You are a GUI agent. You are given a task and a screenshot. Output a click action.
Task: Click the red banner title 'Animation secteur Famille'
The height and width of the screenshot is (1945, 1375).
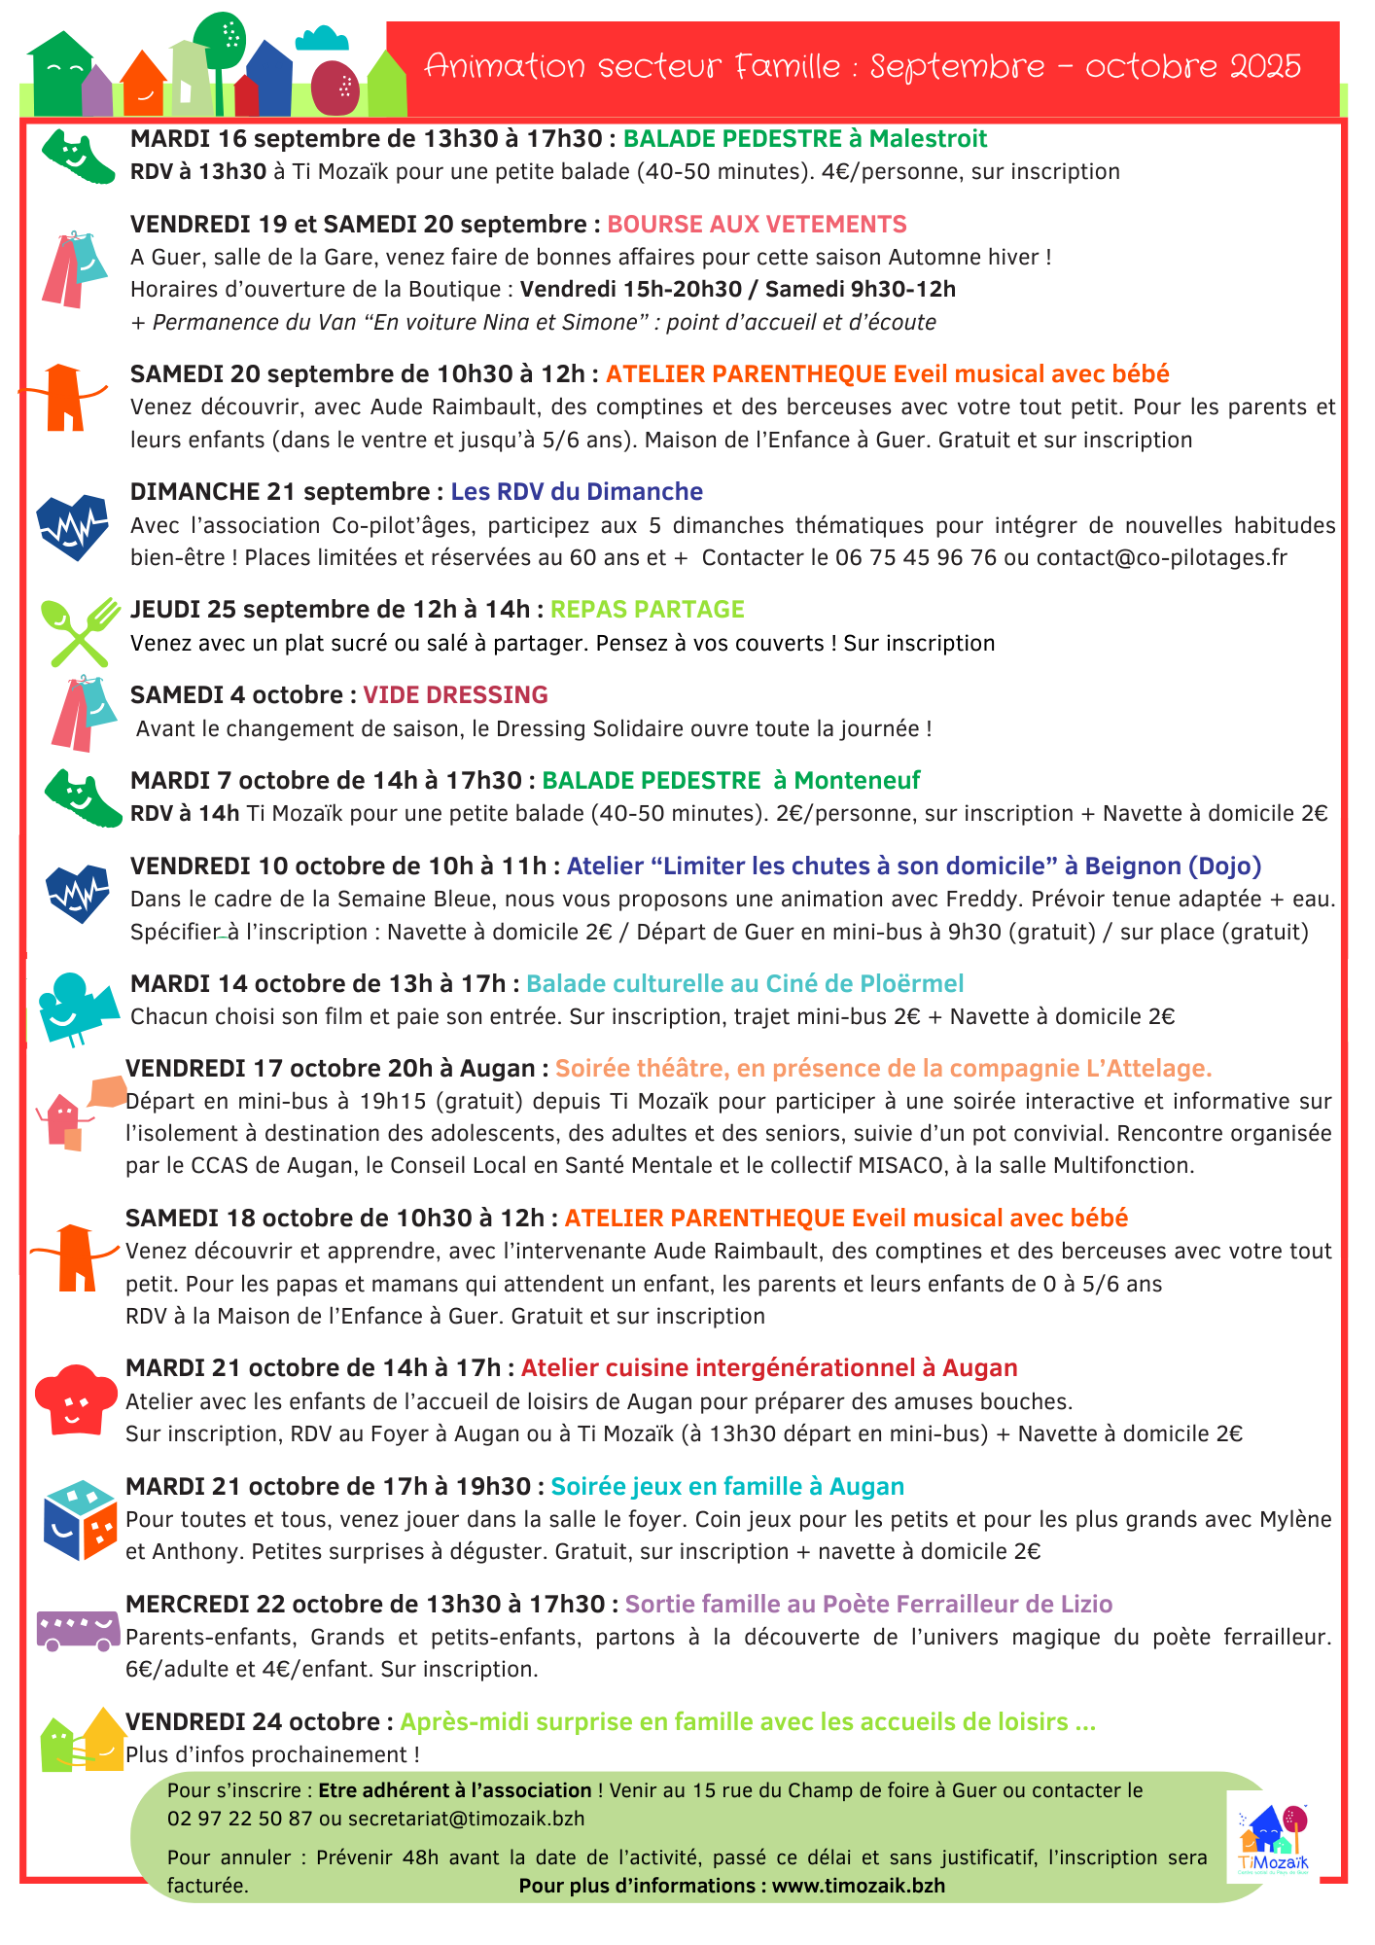point(633,66)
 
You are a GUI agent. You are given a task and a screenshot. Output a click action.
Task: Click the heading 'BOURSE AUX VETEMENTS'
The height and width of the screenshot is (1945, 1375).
point(757,225)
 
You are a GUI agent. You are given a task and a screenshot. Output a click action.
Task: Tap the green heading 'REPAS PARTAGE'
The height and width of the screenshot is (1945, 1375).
point(647,610)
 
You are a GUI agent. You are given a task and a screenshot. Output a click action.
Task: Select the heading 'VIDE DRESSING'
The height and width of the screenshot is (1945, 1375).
point(455,695)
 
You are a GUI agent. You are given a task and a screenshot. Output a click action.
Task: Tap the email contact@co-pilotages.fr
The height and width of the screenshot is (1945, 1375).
point(1161,558)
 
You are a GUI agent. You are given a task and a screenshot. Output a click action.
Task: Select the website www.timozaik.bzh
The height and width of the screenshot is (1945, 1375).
point(859,1886)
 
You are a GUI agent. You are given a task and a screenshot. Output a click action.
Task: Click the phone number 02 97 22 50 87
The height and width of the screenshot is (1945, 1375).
point(239,1819)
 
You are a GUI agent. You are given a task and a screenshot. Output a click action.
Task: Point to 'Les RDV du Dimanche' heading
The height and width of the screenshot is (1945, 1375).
point(577,492)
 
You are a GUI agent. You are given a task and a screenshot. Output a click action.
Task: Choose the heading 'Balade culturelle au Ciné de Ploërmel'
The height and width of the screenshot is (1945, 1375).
point(745,984)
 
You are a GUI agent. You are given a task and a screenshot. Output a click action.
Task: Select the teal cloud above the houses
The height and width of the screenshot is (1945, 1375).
point(322,39)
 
